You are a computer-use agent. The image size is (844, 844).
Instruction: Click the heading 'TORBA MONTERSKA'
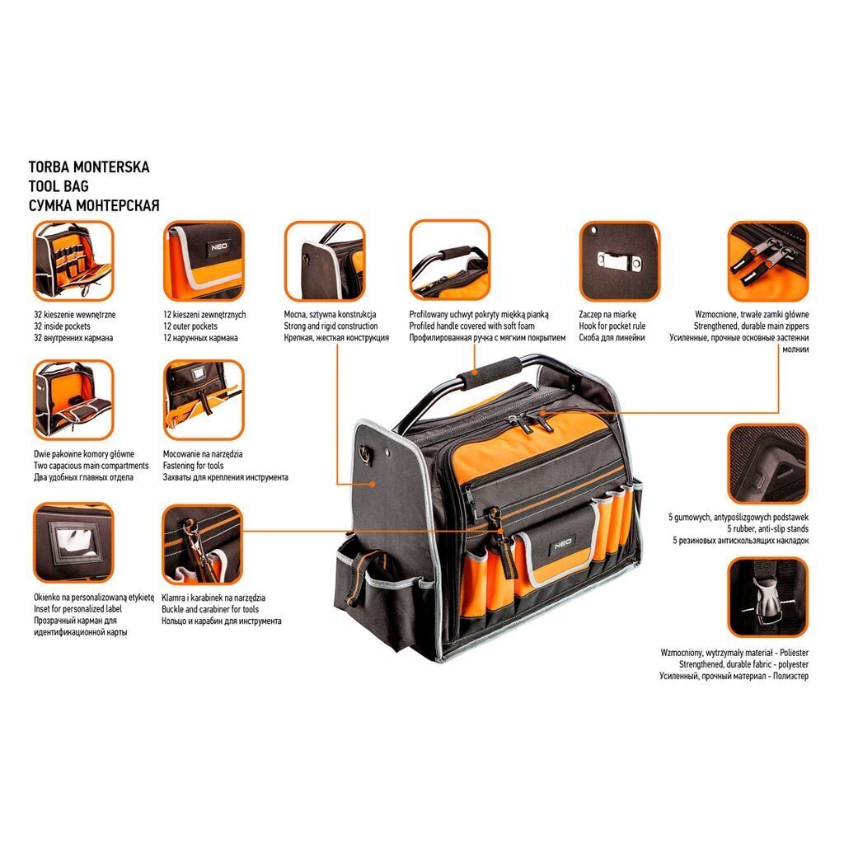pos(89,166)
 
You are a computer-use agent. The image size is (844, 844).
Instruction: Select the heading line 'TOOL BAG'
pos(59,186)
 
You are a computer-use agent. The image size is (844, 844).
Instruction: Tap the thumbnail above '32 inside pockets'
pos(73,261)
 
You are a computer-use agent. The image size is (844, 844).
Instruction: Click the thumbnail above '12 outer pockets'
pos(204,261)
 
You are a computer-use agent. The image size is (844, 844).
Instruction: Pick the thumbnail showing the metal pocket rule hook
pos(620,261)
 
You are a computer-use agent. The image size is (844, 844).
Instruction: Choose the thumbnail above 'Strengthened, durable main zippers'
pos(768,261)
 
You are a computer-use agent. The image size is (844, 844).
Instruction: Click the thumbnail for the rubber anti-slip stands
pos(768,463)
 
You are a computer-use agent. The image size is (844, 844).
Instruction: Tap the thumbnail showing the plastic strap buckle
pos(768,597)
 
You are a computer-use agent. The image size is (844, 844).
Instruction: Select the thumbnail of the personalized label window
pos(73,542)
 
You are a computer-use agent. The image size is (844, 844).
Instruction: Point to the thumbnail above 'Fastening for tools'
pos(204,401)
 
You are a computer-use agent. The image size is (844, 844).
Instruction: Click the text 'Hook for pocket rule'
pos(612,326)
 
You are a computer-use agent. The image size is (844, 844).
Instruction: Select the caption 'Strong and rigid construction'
pos(331,326)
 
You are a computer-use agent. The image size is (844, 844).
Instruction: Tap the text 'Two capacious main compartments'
pos(91,466)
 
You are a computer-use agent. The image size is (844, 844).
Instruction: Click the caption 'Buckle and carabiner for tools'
pos(210,609)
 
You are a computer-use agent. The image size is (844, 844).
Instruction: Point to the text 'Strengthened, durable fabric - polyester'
pos(743,665)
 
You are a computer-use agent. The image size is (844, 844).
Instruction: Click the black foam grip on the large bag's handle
pos(490,372)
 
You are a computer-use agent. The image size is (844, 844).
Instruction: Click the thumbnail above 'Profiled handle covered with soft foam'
pos(450,261)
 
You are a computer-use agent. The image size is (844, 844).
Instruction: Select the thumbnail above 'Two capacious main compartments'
pos(73,401)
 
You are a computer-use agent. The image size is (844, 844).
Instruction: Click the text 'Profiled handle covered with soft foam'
pos(471,326)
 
